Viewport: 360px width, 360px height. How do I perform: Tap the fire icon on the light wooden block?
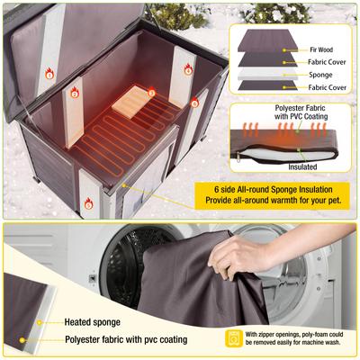click(x=151, y=92)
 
